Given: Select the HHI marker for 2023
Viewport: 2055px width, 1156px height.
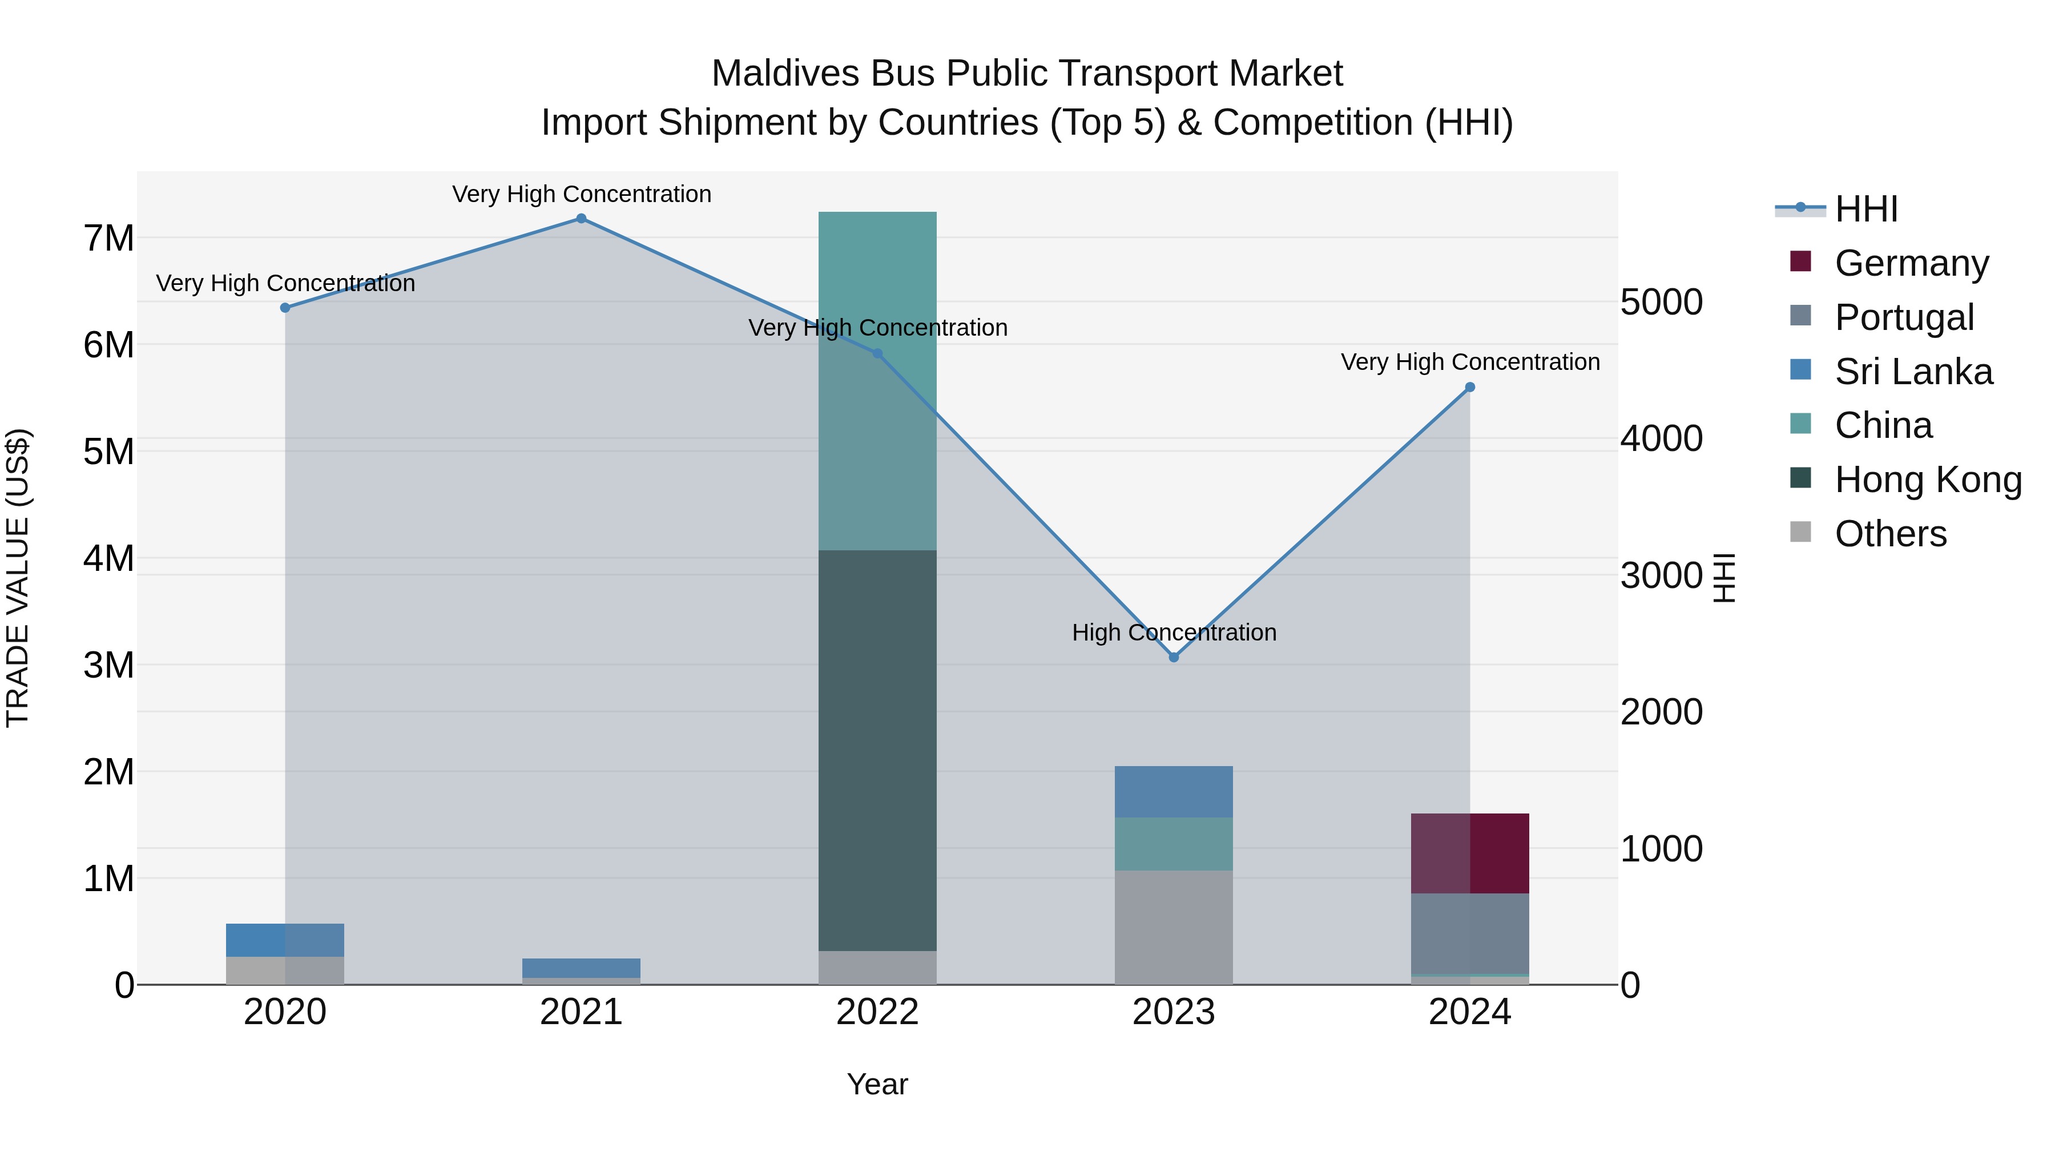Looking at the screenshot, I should [1174, 658].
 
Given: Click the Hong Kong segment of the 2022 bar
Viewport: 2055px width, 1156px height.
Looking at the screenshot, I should [877, 750].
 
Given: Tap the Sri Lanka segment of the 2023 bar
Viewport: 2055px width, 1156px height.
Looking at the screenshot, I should [1174, 791].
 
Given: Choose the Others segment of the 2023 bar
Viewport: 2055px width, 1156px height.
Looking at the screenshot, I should [1174, 927].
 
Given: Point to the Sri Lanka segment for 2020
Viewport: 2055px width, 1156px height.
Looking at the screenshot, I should [285, 940].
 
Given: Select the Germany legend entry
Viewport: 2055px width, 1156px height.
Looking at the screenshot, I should [1911, 263].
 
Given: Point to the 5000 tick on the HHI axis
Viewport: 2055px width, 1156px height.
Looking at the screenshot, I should [1662, 303].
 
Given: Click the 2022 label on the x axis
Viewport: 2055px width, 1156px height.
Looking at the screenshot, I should [877, 1012].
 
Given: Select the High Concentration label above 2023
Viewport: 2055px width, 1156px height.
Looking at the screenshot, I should [1174, 633].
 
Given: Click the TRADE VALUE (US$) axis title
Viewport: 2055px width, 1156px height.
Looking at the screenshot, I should [18, 578].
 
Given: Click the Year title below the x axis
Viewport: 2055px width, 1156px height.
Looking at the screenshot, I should [877, 1084].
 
